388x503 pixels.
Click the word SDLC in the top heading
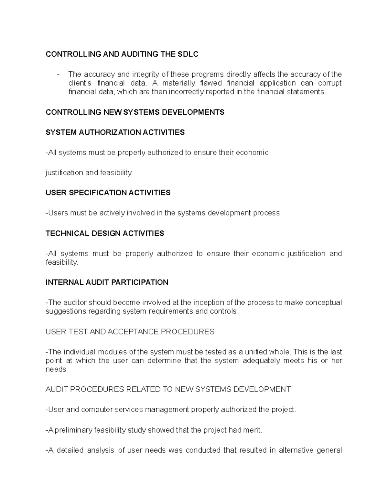pos(188,54)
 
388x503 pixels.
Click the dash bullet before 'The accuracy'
pos(58,74)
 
